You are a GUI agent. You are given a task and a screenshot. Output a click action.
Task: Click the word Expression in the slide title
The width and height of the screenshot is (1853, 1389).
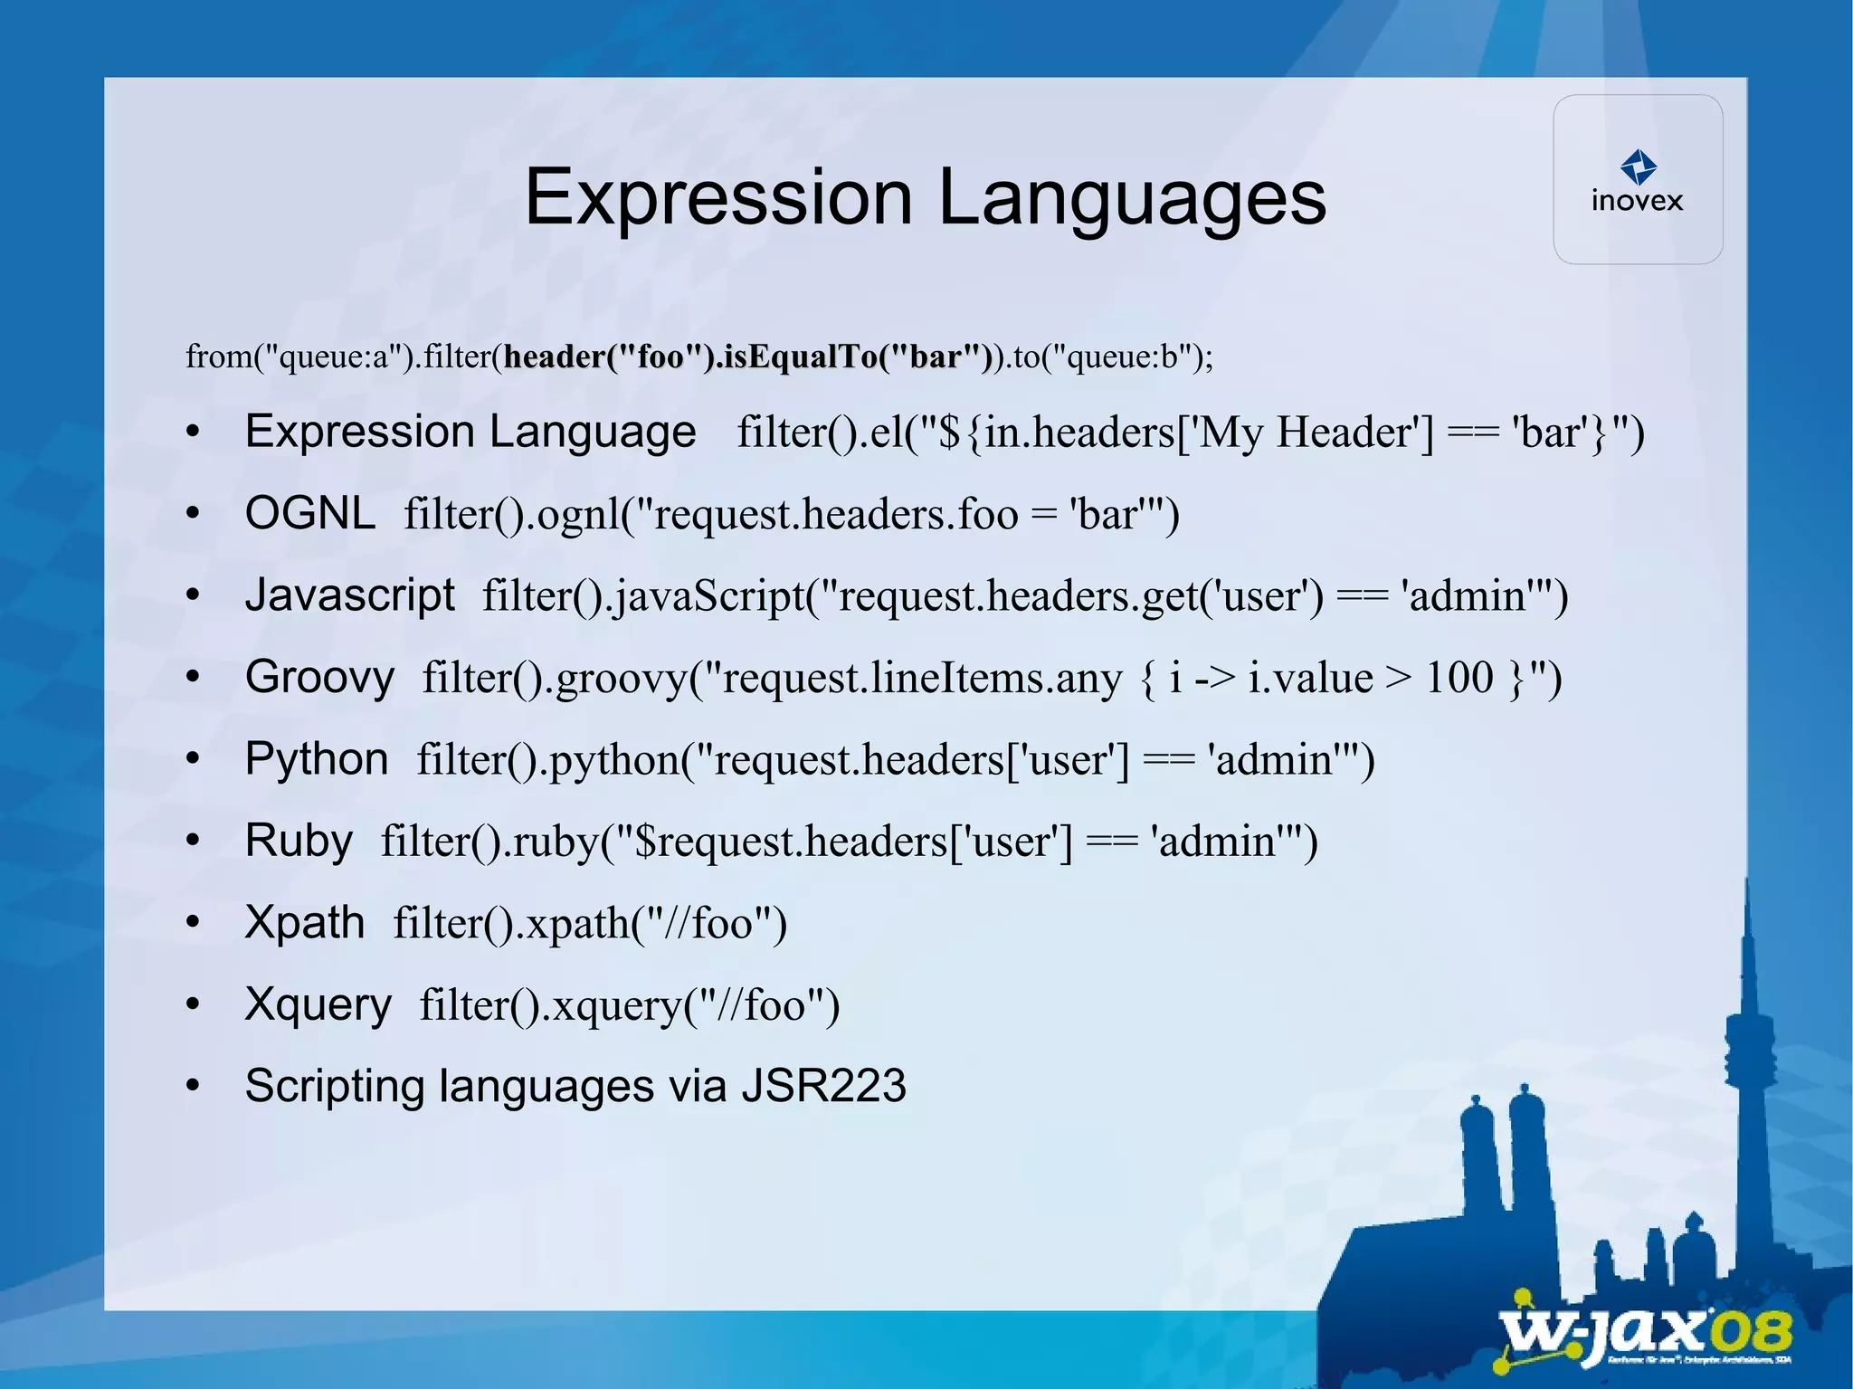pyautogui.click(x=718, y=197)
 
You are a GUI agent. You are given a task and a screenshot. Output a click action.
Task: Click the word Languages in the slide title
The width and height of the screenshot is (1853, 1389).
pyautogui.click(x=1132, y=197)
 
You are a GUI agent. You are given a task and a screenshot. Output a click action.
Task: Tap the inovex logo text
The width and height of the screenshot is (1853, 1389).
pyautogui.click(x=1637, y=200)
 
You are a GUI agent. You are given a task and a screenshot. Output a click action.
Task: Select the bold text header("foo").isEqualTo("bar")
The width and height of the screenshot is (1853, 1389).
pyautogui.click(x=747, y=357)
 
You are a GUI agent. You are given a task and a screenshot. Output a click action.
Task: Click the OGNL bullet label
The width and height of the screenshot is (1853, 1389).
pyautogui.click(x=309, y=513)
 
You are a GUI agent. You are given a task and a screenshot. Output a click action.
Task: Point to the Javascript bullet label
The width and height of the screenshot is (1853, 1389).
pyautogui.click(x=349, y=595)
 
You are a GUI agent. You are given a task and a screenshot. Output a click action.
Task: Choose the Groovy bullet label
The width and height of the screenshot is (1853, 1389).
pyautogui.click(x=319, y=677)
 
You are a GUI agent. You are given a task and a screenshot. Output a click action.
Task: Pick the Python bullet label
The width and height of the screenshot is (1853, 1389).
pyautogui.click(x=317, y=758)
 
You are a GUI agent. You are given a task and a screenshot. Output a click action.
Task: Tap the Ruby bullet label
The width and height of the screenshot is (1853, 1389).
pyautogui.click(x=299, y=841)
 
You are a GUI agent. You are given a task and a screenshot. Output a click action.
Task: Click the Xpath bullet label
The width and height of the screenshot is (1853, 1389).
pyautogui.click(x=305, y=922)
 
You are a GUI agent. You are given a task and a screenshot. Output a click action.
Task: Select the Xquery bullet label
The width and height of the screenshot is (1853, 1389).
pyautogui.click(x=318, y=1004)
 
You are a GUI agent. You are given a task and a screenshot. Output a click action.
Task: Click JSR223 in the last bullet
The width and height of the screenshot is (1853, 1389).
pyautogui.click(x=823, y=1086)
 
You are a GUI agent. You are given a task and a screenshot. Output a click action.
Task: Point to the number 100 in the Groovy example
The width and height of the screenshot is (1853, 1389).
pyautogui.click(x=1459, y=677)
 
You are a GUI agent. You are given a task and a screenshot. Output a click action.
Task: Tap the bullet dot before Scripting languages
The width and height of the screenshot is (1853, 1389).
pyautogui.click(x=193, y=1086)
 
